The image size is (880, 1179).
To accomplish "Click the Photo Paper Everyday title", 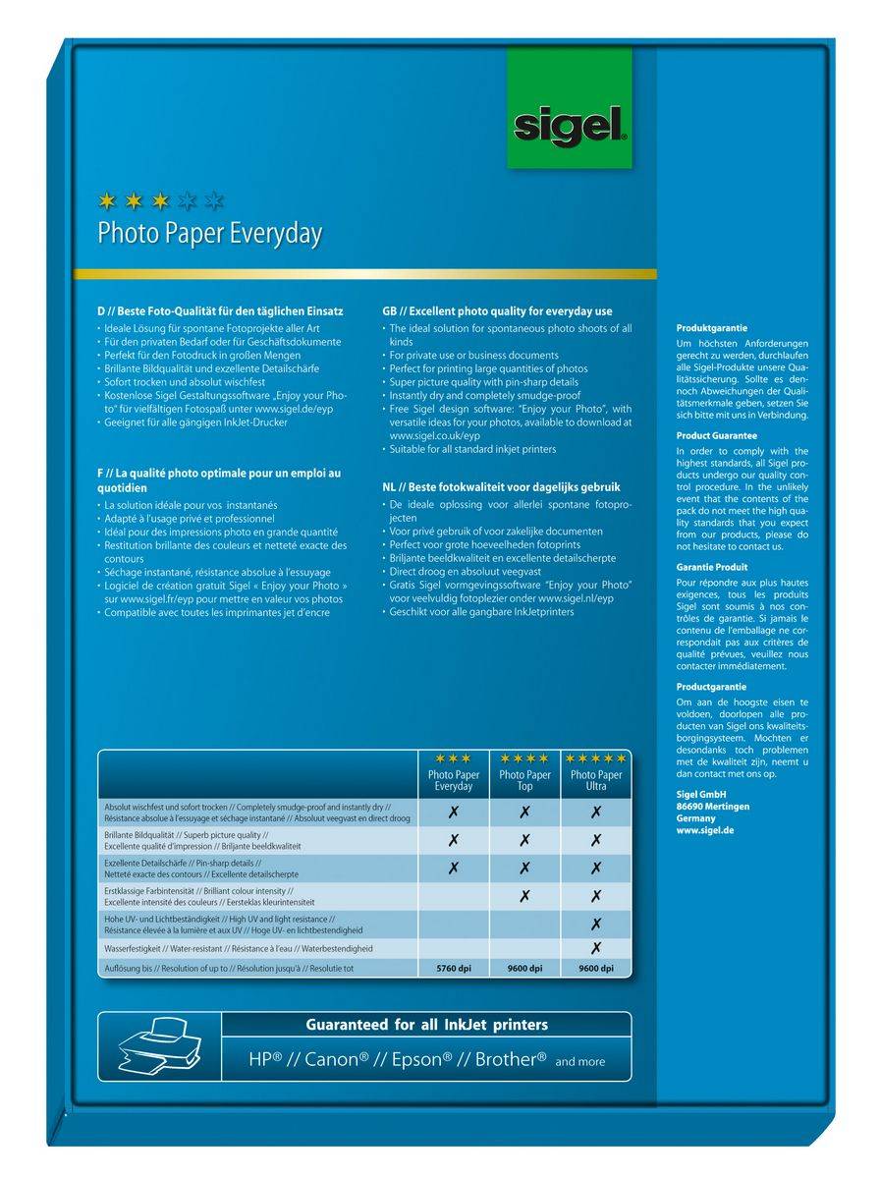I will pos(209,234).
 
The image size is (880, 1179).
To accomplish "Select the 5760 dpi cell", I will pos(453,969).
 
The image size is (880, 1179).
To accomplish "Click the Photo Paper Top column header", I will pos(524,780).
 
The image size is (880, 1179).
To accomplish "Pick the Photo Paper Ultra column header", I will pos(595,780).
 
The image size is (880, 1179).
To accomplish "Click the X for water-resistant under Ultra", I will pos(595,948).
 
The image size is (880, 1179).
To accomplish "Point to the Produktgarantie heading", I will pos(712,327).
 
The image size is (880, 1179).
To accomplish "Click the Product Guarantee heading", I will pos(717,434).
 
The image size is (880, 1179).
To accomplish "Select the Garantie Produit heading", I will pos(712,567).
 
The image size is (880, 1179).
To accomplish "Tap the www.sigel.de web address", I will pos(705,830).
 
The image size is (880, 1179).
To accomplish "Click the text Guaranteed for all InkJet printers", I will pos(426,1025).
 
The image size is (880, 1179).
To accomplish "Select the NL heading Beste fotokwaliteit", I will pos(501,486).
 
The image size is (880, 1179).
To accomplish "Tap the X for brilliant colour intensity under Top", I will pos(524,895).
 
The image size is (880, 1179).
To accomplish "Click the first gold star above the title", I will pos(108,201).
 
